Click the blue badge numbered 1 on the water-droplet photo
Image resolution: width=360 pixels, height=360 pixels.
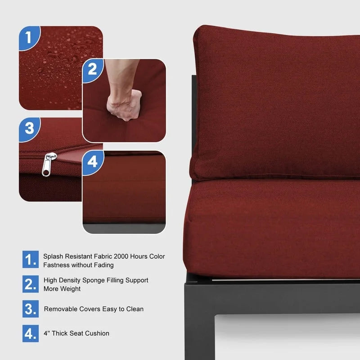pyautogui.click(x=29, y=37)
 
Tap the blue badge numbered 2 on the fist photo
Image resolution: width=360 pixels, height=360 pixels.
pyautogui.click(x=93, y=70)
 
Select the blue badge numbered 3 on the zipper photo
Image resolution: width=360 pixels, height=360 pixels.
pyautogui.click(x=29, y=129)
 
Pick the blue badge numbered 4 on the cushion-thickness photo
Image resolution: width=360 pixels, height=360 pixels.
pyautogui.click(x=93, y=162)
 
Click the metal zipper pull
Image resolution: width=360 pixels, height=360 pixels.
pyautogui.click(x=49, y=164)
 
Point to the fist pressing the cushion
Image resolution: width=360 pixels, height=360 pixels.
pyautogui.click(x=124, y=104)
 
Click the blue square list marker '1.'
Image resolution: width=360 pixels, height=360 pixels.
pyautogui.click(x=31, y=259)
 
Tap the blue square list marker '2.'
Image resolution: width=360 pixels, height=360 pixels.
pyautogui.click(x=31, y=284)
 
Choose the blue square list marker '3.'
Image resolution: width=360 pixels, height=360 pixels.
pyautogui.click(x=31, y=309)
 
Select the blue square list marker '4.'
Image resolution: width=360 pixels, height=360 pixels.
pyautogui.click(x=31, y=333)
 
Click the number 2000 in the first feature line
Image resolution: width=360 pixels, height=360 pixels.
pyautogui.click(x=121, y=256)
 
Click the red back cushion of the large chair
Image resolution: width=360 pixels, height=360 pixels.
pyautogui.click(x=275, y=103)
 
